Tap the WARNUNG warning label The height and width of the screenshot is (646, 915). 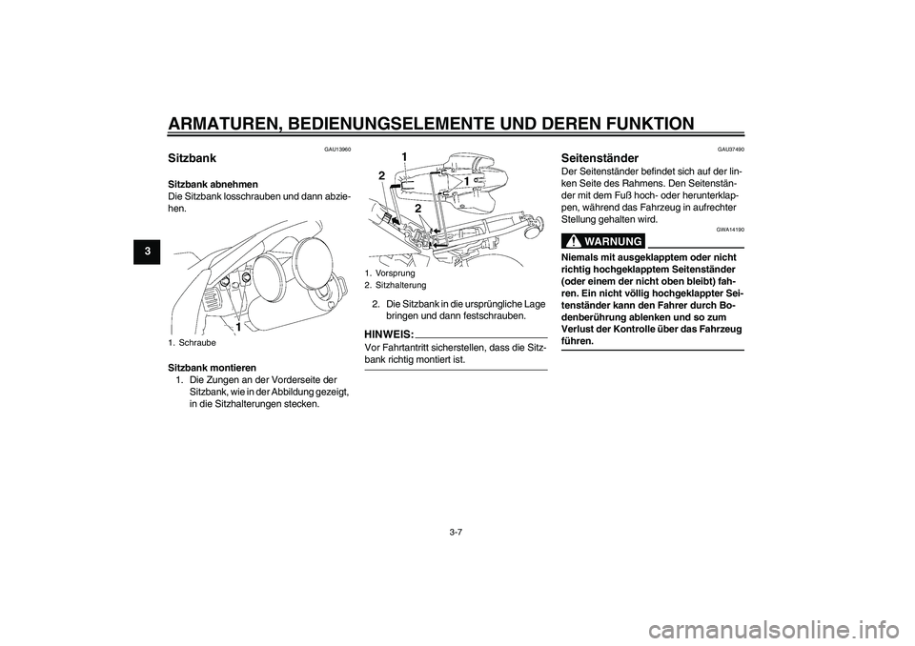tap(605, 241)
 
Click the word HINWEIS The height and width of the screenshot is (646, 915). tap(389, 334)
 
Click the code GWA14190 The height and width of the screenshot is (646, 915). tap(730, 231)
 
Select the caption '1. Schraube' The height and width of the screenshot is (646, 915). tap(192, 341)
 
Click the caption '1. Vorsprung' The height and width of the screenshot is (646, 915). tap(389, 273)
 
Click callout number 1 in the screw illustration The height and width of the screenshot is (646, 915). tap(237, 325)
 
